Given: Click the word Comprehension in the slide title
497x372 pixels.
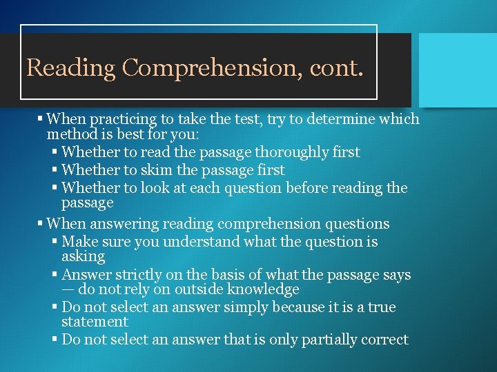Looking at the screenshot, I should [207, 68].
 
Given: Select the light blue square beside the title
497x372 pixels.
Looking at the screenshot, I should [458, 70].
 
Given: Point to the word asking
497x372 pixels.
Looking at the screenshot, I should [83, 256].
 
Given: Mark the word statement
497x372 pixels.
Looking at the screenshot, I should [95, 322].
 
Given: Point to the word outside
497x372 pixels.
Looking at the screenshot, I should [193, 289].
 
